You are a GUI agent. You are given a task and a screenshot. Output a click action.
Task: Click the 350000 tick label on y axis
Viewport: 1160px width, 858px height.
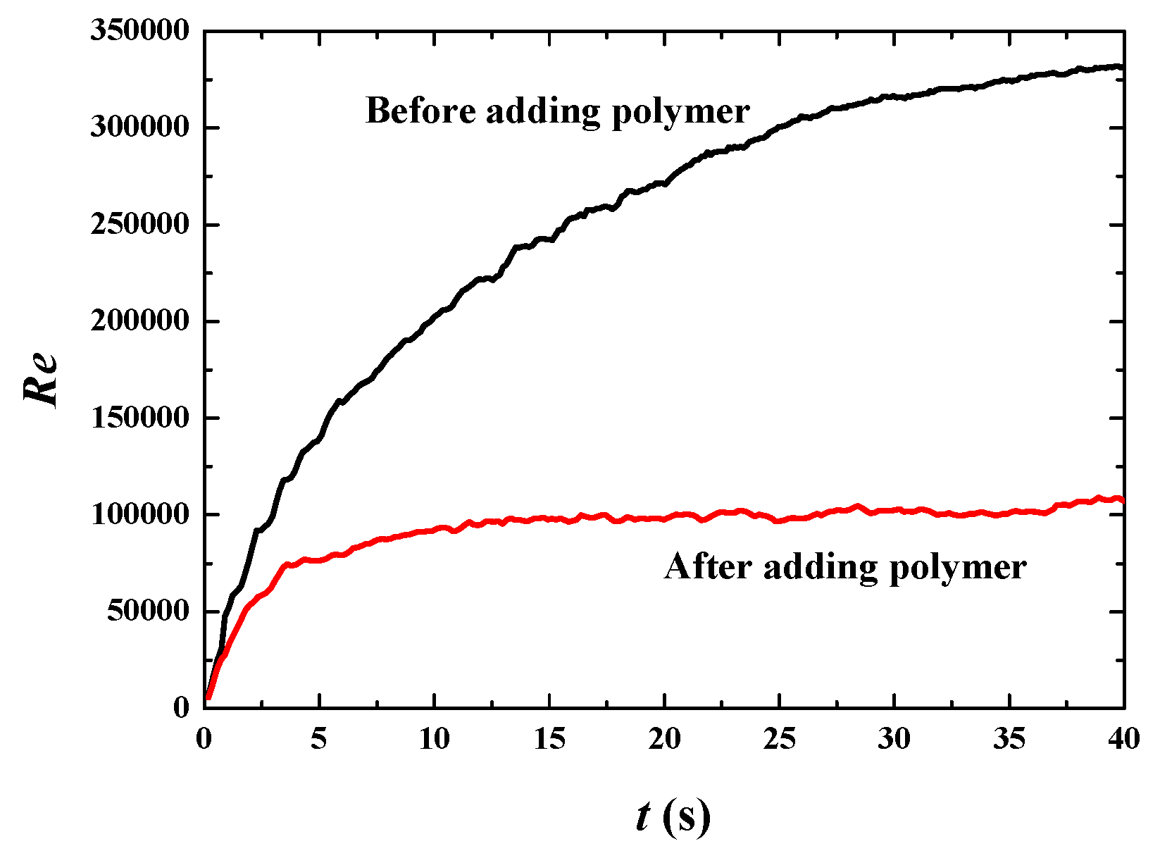140,32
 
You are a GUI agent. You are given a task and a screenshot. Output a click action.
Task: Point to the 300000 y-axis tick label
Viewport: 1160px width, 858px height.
140,128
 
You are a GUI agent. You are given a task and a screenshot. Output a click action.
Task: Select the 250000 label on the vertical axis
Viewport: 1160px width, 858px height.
140,225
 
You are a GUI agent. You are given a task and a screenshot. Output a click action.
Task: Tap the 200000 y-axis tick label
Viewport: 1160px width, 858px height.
140,321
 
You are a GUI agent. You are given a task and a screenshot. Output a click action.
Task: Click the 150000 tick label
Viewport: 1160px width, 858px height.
140,418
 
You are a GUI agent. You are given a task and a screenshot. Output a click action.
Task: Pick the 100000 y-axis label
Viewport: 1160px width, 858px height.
140,514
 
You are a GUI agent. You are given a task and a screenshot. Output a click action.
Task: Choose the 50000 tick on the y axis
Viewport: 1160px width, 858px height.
148,611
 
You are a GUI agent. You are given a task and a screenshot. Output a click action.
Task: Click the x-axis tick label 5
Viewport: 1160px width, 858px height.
319,739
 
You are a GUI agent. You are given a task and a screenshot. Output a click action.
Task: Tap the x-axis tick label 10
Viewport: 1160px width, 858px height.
434,739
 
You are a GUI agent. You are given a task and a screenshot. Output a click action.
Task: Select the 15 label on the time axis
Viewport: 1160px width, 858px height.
549,739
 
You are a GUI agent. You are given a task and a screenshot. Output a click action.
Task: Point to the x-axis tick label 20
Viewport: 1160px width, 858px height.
664,739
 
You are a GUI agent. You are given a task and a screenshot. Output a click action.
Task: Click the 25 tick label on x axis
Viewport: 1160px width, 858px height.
779,739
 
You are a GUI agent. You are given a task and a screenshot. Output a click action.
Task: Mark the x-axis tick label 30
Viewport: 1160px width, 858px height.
894,739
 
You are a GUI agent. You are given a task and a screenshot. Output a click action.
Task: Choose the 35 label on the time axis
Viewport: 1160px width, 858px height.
1009,739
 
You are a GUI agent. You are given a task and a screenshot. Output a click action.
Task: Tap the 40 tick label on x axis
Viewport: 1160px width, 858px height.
1123,739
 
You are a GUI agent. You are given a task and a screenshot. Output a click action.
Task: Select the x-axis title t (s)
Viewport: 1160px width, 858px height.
672,817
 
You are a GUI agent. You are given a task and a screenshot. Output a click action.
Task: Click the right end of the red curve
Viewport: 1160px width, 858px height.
1121,500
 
